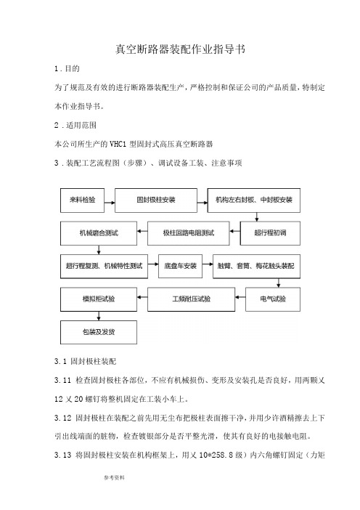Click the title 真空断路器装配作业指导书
point(180,49)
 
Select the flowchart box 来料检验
point(82,201)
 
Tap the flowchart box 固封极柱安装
point(156,201)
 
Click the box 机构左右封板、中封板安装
point(254,201)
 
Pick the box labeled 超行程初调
point(270,233)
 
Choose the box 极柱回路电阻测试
point(189,233)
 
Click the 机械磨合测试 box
point(99,233)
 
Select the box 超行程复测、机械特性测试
point(104,267)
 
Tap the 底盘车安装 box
point(180,267)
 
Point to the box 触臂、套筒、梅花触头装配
point(256,267)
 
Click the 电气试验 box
point(273,299)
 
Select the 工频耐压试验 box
point(191,299)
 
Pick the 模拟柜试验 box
point(99,299)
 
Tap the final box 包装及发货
point(99,333)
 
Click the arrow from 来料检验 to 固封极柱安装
point(110,203)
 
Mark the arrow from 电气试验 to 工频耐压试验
point(240,297)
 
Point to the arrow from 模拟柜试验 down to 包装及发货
point(99,316)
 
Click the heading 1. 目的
point(67,68)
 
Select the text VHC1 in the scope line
point(118,144)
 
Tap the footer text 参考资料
point(114,478)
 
